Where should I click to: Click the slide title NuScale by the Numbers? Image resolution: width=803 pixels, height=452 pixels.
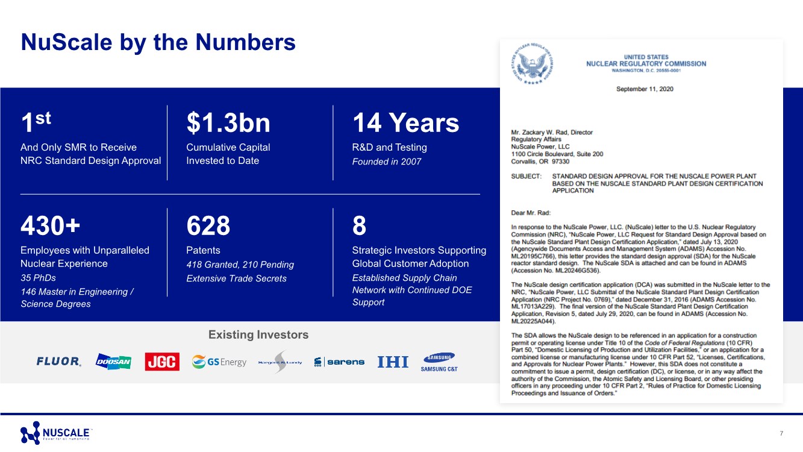(x=158, y=43)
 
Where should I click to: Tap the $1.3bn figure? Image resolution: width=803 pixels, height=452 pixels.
(x=228, y=124)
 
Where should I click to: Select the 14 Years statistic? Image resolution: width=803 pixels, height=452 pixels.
(x=405, y=124)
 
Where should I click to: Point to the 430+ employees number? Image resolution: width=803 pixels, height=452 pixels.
(x=50, y=227)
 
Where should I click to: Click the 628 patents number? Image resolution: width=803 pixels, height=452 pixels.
(x=208, y=227)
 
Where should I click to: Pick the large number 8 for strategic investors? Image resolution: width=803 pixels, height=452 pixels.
(x=359, y=227)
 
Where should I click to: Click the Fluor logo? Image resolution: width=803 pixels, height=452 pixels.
(x=58, y=362)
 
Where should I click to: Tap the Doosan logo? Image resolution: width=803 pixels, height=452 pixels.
(x=113, y=362)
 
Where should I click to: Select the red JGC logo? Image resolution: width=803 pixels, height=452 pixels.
(x=162, y=362)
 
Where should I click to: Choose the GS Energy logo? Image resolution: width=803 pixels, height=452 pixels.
(x=219, y=362)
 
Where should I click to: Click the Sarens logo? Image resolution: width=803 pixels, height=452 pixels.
(x=339, y=362)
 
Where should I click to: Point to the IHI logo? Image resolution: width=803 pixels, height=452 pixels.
(x=393, y=362)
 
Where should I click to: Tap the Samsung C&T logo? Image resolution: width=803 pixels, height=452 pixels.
(x=439, y=362)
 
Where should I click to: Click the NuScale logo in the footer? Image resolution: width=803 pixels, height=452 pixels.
(x=55, y=433)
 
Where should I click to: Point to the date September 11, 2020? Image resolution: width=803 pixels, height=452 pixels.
(x=645, y=89)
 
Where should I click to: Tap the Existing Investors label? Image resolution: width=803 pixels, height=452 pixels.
(x=258, y=335)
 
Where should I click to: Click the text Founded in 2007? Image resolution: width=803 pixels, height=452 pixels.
(x=386, y=162)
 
